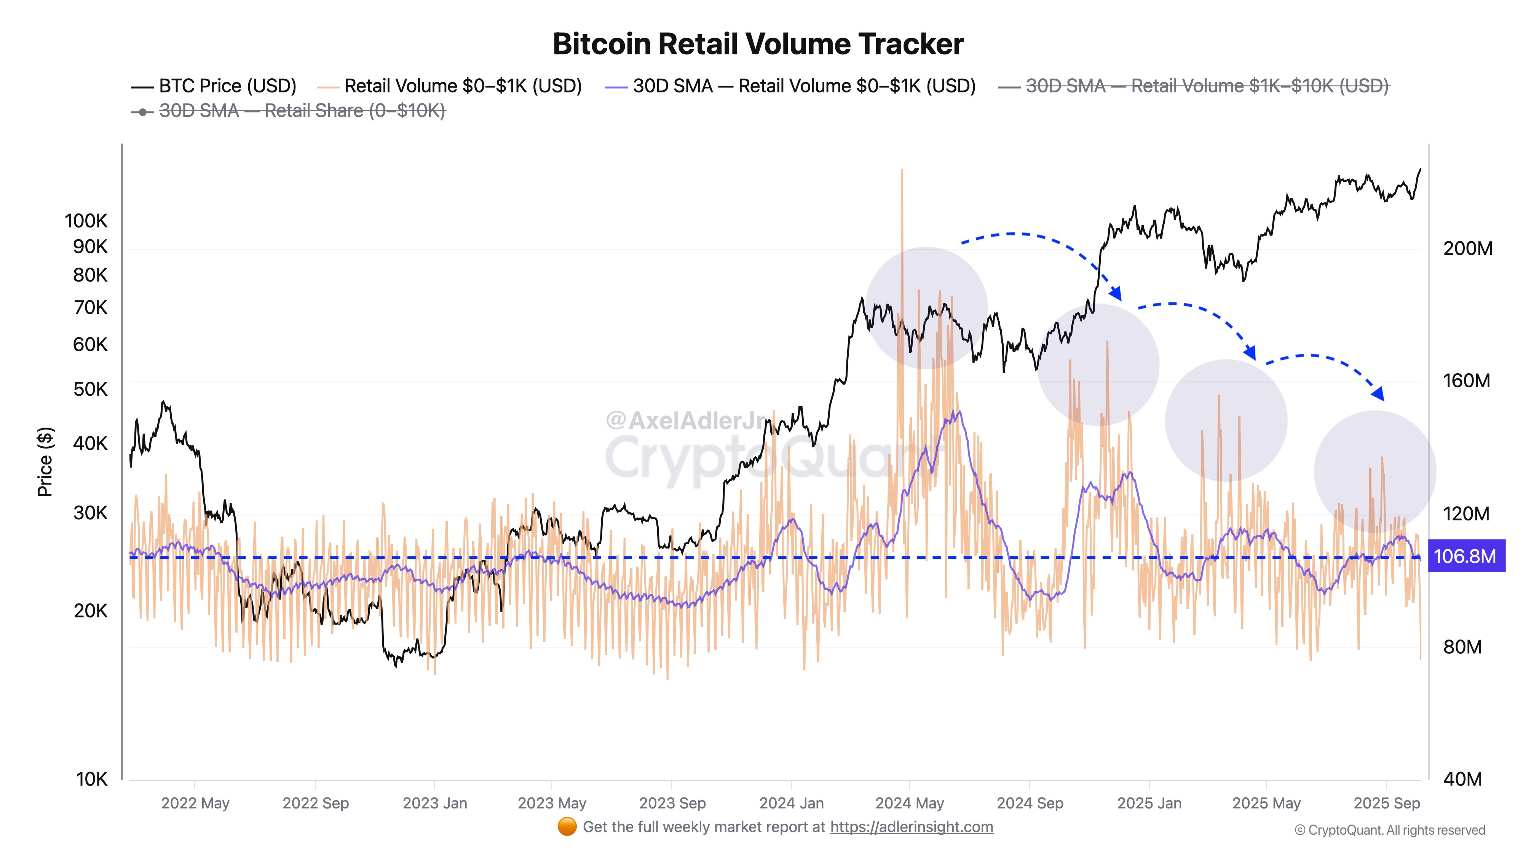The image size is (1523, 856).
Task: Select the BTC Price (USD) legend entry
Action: coord(214,86)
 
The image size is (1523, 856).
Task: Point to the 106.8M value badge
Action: coord(1465,556)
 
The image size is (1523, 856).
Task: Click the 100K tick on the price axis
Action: coord(86,221)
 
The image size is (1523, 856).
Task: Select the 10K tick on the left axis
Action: coord(92,779)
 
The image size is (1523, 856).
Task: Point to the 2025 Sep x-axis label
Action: coord(1386,803)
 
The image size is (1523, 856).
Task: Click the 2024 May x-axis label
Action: coord(909,803)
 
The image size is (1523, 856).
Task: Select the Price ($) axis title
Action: coord(45,461)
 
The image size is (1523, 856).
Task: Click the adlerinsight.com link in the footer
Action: coord(911,827)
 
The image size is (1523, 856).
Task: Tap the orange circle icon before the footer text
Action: coord(567,827)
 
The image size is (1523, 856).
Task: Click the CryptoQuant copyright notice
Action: coord(1389,831)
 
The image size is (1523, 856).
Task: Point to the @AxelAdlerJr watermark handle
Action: coord(686,420)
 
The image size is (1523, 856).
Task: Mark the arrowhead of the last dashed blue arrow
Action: coord(1378,394)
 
